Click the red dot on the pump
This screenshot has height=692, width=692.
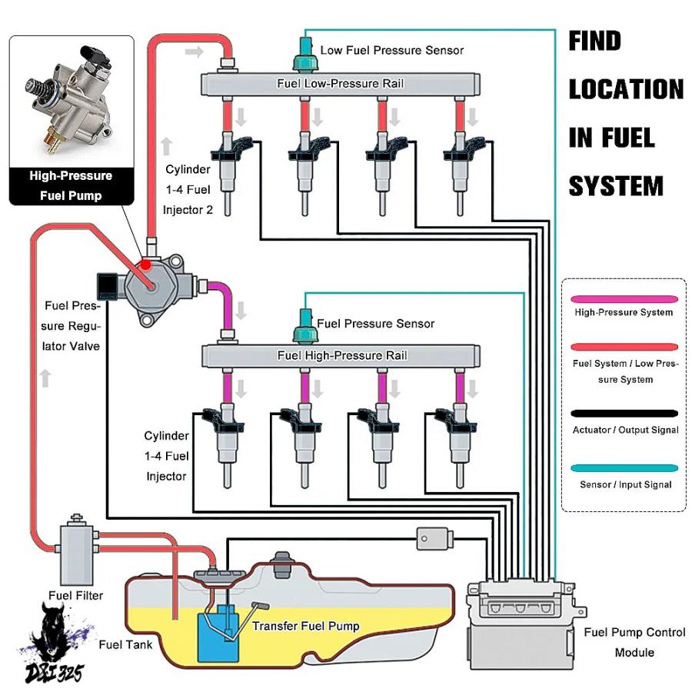145,264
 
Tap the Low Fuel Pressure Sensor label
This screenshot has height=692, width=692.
392,50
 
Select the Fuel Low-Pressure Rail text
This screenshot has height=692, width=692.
341,83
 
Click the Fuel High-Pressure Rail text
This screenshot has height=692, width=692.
342,355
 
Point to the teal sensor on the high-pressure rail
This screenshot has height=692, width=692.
305,327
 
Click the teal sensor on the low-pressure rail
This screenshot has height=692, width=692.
305,55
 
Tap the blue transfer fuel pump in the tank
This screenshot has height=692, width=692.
218,636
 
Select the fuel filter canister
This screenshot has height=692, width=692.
77,551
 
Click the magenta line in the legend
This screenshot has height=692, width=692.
624,299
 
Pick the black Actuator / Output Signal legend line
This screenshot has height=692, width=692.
624,414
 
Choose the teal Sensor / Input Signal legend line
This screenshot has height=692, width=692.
624,468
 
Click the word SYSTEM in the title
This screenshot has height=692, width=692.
616,186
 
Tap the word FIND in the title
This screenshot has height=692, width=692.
595,41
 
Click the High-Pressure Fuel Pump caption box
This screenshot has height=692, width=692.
72,186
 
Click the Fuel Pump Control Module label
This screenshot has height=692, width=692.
634,642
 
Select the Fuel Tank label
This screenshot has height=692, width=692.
125,645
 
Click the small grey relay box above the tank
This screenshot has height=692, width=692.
434,538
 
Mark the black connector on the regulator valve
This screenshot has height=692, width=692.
107,285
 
